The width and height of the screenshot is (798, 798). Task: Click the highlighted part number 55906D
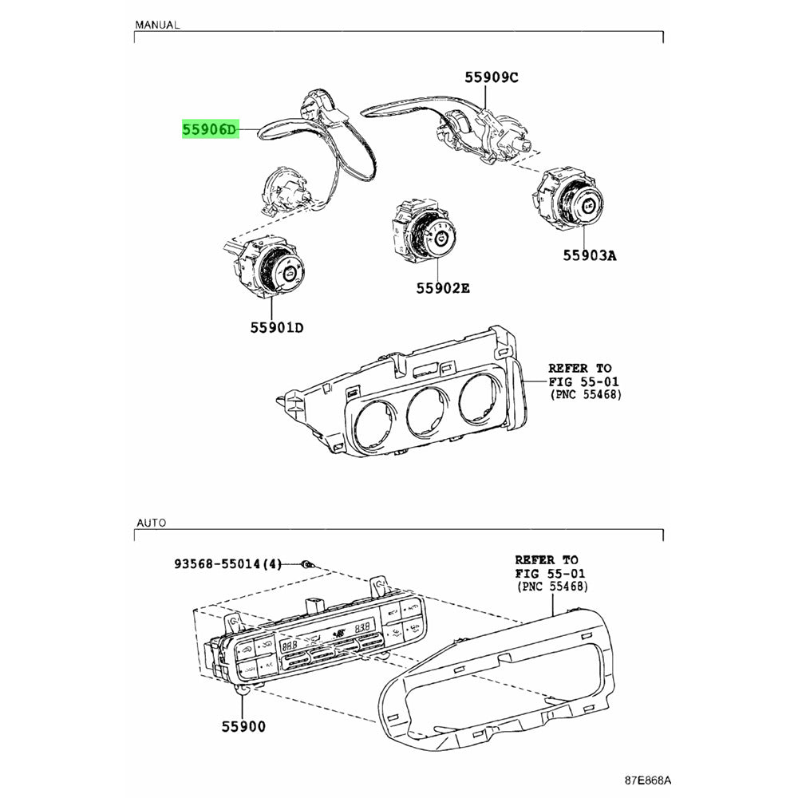[210, 129]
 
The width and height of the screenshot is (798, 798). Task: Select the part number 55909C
[492, 77]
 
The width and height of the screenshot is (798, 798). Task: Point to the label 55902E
[442, 288]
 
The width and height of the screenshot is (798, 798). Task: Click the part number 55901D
[275, 327]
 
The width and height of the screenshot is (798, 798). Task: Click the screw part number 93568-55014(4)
[228, 564]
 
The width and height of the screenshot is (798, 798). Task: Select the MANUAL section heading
[157, 25]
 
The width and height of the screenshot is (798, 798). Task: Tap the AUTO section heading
[151, 523]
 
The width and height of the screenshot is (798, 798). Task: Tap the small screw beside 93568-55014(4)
[306, 565]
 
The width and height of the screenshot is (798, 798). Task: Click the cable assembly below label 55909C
[463, 124]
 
